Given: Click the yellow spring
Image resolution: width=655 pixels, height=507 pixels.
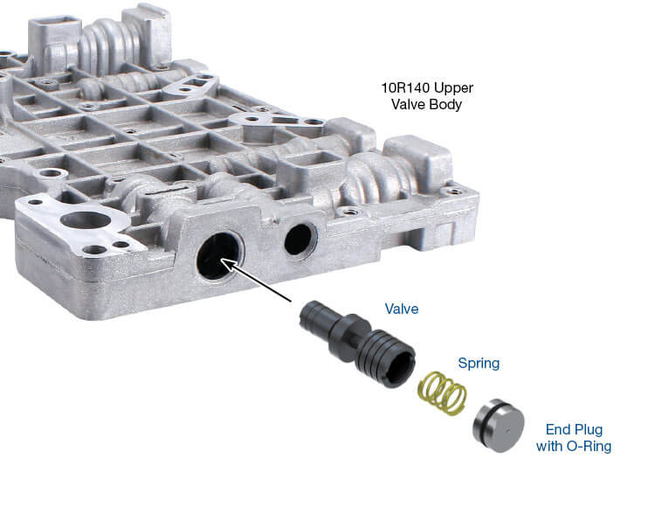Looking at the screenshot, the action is pyautogui.click(x=443, y=393).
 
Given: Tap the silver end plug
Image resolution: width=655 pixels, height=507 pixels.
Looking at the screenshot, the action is pyautogui.click(x=499, y=426).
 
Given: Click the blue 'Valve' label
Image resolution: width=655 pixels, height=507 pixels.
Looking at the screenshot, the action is pyautogui.click(x=402, y=309).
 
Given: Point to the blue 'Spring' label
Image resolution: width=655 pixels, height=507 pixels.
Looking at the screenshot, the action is pyautogui.click(x=479, y=364).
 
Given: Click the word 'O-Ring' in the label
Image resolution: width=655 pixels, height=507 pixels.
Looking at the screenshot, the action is pyautogui.click(x=589, y=446).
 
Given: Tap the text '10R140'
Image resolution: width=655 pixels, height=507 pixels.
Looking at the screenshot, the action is pyautogui.click(x=405, y=87).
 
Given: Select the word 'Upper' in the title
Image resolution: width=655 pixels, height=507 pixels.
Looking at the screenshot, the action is pyautogui.click(x=453, y=88).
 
